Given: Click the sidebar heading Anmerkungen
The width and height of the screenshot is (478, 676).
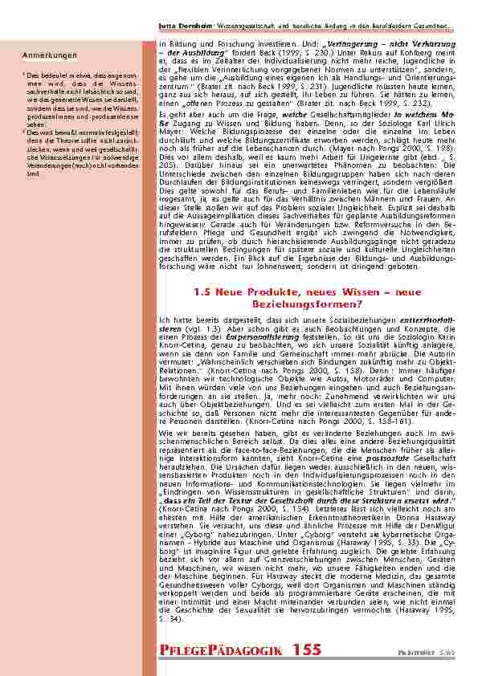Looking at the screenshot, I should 49,55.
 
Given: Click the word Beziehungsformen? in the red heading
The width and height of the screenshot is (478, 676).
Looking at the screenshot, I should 308,305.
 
